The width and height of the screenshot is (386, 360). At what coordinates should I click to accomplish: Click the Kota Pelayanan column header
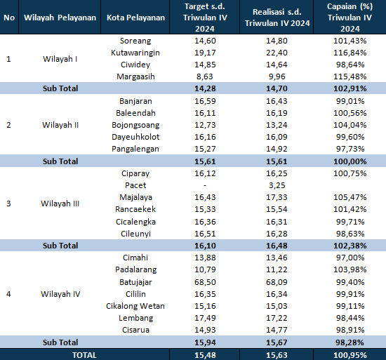coord(135,18)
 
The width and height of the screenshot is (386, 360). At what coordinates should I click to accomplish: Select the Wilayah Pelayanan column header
coord(60,18)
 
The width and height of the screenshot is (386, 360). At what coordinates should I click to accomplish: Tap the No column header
coord(9,18)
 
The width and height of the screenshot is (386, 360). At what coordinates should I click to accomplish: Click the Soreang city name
coord(135,41)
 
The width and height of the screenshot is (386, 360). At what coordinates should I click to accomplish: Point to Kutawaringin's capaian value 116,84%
coord(350,53)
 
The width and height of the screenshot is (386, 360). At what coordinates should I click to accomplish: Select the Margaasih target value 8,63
coord(205,76)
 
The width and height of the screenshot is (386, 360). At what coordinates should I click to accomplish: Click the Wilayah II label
coord(60,125)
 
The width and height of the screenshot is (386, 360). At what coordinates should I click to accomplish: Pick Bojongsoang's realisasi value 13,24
coord(277,125)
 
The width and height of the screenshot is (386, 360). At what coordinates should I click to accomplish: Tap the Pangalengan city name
coord(135,149)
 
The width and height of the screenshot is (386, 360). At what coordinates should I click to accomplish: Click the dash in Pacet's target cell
coord(205,185)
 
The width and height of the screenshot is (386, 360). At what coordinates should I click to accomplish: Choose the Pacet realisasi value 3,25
coord(277,185)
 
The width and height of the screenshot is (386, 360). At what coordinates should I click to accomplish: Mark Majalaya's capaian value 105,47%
coord(350,197)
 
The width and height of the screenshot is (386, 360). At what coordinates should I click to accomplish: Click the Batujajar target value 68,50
coord(205,282)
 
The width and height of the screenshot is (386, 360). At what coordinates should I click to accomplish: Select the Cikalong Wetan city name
coord(135,306)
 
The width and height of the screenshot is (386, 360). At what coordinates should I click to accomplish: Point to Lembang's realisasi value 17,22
coord(277,318)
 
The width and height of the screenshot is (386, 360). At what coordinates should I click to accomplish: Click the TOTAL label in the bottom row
coord(84,355)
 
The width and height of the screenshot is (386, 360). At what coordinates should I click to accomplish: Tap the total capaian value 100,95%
coord(350,355)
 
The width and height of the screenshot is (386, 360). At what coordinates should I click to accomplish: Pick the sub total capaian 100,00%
coord(350,161)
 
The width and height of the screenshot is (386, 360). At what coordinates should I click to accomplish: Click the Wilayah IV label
coord(60,294)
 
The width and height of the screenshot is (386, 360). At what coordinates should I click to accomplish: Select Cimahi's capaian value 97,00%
coord(350,258)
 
